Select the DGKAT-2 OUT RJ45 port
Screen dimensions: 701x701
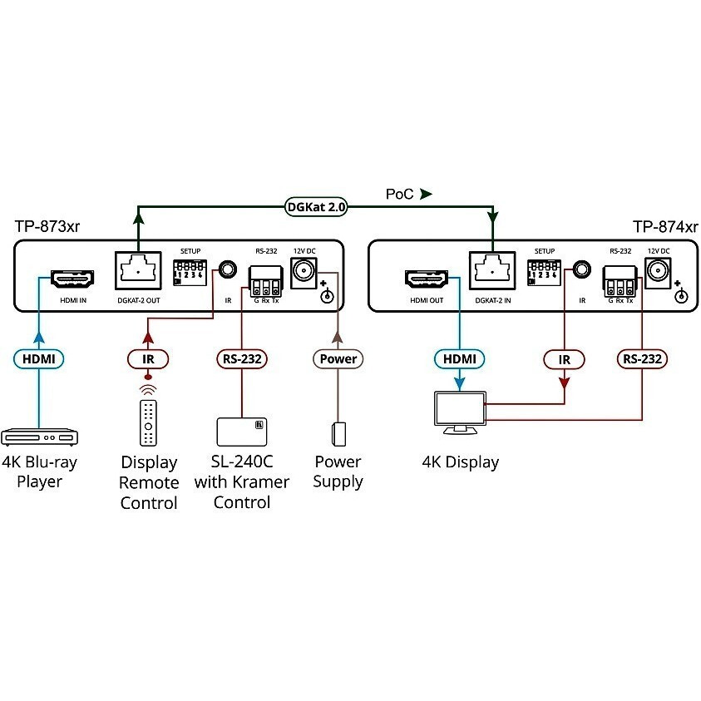coord(136,270)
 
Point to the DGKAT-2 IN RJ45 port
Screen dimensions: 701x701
coord(491,270)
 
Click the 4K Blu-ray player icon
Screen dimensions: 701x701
coord(39,437)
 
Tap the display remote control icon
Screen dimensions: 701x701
coord(148,422)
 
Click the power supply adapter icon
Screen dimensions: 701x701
coord(338,434)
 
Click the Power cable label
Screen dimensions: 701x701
coord(338,359)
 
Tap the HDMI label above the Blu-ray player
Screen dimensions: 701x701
coord(39,359)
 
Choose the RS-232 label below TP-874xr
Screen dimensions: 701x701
coord(643,359)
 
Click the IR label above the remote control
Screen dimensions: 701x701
coord(148,359)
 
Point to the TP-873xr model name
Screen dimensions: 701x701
coord(47,226)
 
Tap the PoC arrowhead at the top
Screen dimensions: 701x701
coord(426,195)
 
